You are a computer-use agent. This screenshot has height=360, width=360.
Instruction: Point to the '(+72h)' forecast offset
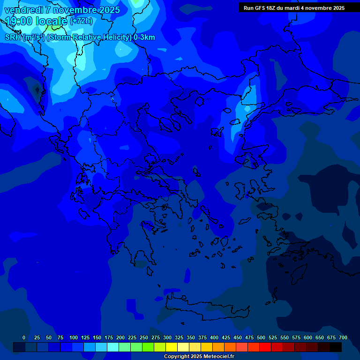[x=81, y=21]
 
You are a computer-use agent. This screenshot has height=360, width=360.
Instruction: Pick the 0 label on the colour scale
[x=24, y=337]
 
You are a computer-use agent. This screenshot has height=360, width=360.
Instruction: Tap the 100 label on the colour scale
[x=74, y=337]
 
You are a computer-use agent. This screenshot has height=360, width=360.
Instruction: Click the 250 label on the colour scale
[x=144, y=337]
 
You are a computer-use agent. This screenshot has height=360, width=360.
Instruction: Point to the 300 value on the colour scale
[x=167, y=337]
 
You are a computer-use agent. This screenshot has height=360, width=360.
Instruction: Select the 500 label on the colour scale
[x=261, y=337]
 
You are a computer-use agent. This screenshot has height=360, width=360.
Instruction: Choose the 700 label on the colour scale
[x=343, y=337]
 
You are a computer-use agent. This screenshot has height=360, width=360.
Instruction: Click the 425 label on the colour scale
[x=226, y=337]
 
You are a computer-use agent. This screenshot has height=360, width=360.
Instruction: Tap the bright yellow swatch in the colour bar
[x=172, y=347]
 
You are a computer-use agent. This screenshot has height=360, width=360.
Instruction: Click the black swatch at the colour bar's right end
[x=336, y=347]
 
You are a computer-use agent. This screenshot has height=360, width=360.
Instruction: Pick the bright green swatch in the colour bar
[x=148, y=347]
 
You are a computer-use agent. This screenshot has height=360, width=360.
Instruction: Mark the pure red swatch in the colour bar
[x=265, y=347]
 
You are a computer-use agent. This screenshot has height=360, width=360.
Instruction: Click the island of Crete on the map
[x=206, y=309]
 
